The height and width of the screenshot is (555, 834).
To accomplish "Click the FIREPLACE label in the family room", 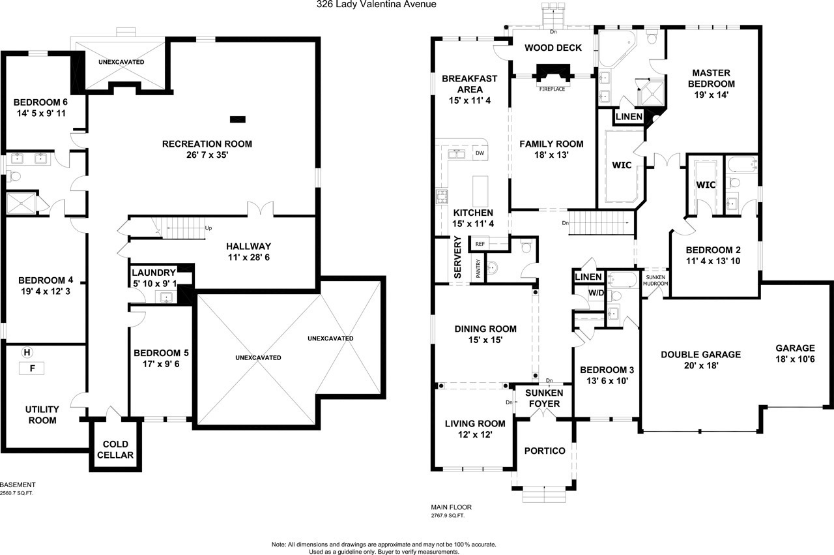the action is tap(552, 89).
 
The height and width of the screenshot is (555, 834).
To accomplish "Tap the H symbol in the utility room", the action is tap(27, 352).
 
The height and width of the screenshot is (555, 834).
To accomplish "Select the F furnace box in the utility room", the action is tap(32, 368).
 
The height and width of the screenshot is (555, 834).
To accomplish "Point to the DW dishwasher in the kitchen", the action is tap(480, 153).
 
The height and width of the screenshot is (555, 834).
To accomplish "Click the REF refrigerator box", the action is tap(480, 244).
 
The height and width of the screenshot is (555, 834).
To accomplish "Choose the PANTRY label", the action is tap(478, 268).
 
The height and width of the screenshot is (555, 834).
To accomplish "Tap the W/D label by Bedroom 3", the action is tap(596, 293).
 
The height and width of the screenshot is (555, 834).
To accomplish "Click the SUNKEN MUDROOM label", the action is tap(655, 280).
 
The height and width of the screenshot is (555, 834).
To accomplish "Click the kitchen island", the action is tap(480, 191).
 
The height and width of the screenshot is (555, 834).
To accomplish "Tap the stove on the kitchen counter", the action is tap(442, 196).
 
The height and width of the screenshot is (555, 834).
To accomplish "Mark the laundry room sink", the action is tap(166, 297).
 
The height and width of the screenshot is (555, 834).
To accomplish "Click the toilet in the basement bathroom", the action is tap(14, 176).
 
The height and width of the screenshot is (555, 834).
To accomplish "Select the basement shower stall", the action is tap(22, 203).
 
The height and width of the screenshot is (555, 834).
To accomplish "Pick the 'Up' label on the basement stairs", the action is tap(208, 228).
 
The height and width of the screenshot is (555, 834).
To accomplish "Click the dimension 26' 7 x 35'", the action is tap(207, 155).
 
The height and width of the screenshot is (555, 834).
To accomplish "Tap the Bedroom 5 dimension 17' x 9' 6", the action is tap(161, 364).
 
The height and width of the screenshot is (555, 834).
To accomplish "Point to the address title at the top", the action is tap(377, 5).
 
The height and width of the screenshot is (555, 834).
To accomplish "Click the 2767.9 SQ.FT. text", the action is tap(448, 515).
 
